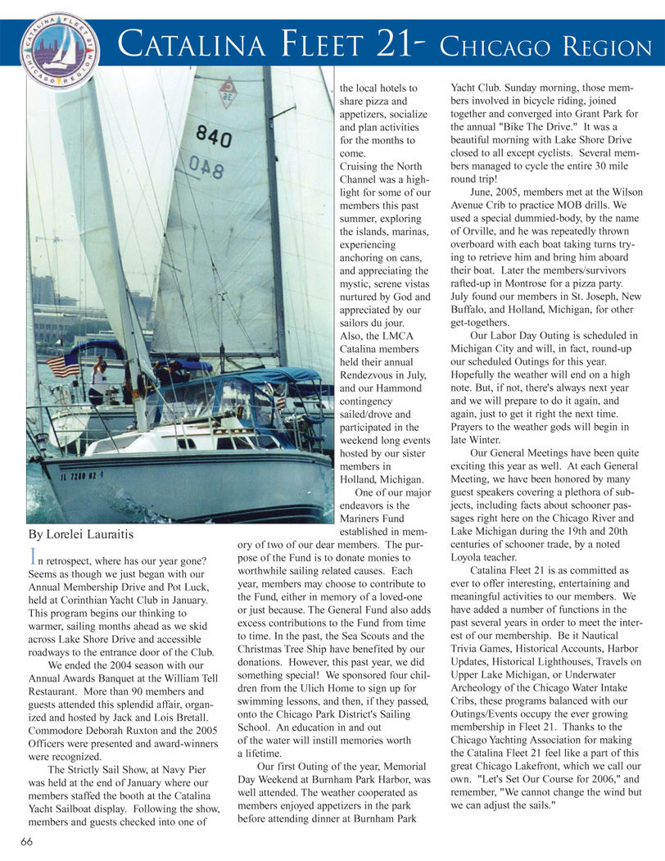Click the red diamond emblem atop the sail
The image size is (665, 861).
coord(227,92)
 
